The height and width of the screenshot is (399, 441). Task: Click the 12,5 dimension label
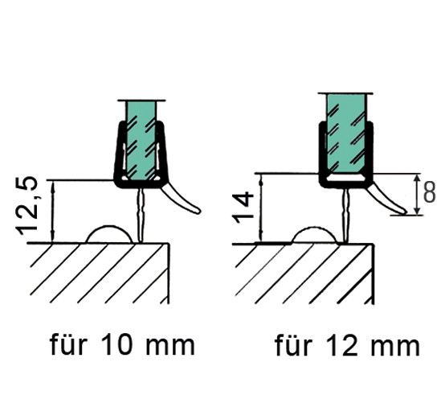(27, 206)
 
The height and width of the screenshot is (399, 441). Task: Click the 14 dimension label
(242, 207)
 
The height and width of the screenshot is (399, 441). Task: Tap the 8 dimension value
(430, 193)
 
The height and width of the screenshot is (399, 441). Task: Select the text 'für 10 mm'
(122, 344)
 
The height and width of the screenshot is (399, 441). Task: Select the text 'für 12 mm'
(347, 345)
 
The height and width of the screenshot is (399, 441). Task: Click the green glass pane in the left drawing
(141, 140)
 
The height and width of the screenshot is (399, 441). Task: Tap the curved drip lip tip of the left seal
(198, 211)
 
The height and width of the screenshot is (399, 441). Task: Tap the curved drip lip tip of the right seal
(404, 212)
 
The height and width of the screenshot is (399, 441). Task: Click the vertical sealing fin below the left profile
(141, 215)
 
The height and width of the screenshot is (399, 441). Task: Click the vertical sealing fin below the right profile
(346, 216)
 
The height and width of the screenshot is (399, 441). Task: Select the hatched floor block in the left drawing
(99, 274)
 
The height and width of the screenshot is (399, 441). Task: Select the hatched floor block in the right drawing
(304, 274)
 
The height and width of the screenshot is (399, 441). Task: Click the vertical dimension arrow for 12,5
(52, 211)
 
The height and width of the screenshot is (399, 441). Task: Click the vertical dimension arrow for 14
(262, 208)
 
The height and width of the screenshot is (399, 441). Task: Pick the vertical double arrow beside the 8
(418, 195)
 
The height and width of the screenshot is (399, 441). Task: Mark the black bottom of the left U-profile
(141, 184)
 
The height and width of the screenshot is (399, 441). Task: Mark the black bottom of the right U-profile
(346, 185)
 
